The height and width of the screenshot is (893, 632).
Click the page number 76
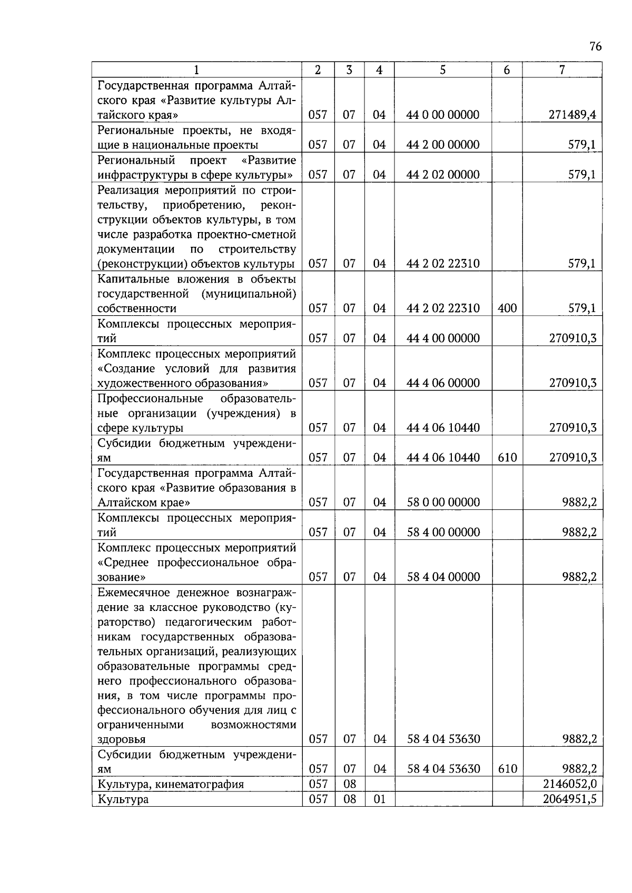pos(595,47)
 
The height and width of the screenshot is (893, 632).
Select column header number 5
pos(443,70)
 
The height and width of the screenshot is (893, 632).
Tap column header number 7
pos(562,70)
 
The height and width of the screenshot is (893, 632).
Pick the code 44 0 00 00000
pos(443,115)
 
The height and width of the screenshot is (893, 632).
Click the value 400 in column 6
pos(507,308)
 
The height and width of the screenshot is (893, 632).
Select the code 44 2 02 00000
pos(443,175)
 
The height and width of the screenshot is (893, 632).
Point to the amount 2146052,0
pos(570,784)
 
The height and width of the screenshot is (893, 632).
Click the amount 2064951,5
pos(570,799)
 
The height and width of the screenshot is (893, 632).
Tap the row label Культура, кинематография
pos(171,784)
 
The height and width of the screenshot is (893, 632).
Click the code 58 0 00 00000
pos(443,503)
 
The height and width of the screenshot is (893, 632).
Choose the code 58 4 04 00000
pos(443,577)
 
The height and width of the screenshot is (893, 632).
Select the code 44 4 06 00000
pos(443,383)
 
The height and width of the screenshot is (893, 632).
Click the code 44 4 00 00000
pos(443,338)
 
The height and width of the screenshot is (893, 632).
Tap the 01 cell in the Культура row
pos(379,799)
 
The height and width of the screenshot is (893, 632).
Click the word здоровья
pos(122,739)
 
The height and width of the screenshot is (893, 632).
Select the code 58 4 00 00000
pos(443,533)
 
